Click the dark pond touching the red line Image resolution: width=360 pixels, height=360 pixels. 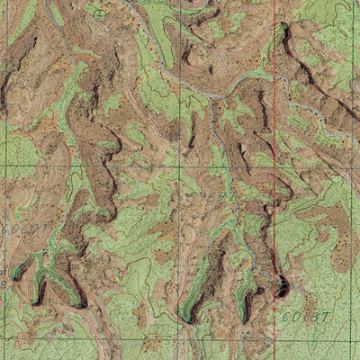click(x=281, y=288)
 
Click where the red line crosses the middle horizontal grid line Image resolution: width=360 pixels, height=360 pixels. click(x=275, y=166)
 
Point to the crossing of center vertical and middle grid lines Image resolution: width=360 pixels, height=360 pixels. click(x=180, y=166)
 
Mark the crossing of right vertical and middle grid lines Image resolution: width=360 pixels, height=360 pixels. click(x=355, y=166)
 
